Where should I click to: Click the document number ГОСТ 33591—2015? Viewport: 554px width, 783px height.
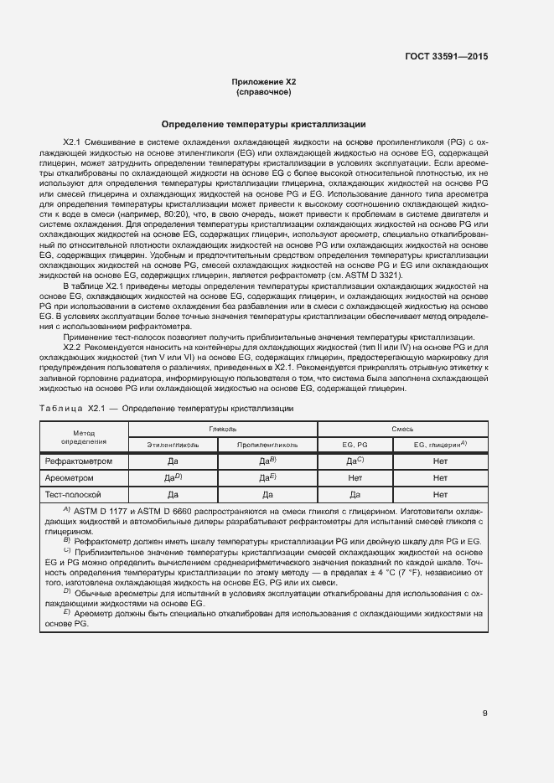point(447,56)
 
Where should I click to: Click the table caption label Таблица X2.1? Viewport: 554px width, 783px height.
point(71,408)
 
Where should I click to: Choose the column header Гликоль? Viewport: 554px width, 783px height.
point(222,428)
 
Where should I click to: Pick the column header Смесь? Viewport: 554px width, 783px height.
point(402,428)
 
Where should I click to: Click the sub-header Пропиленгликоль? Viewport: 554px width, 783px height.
point(267,445)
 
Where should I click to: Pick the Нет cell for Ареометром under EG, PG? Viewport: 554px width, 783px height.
point(355,477)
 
